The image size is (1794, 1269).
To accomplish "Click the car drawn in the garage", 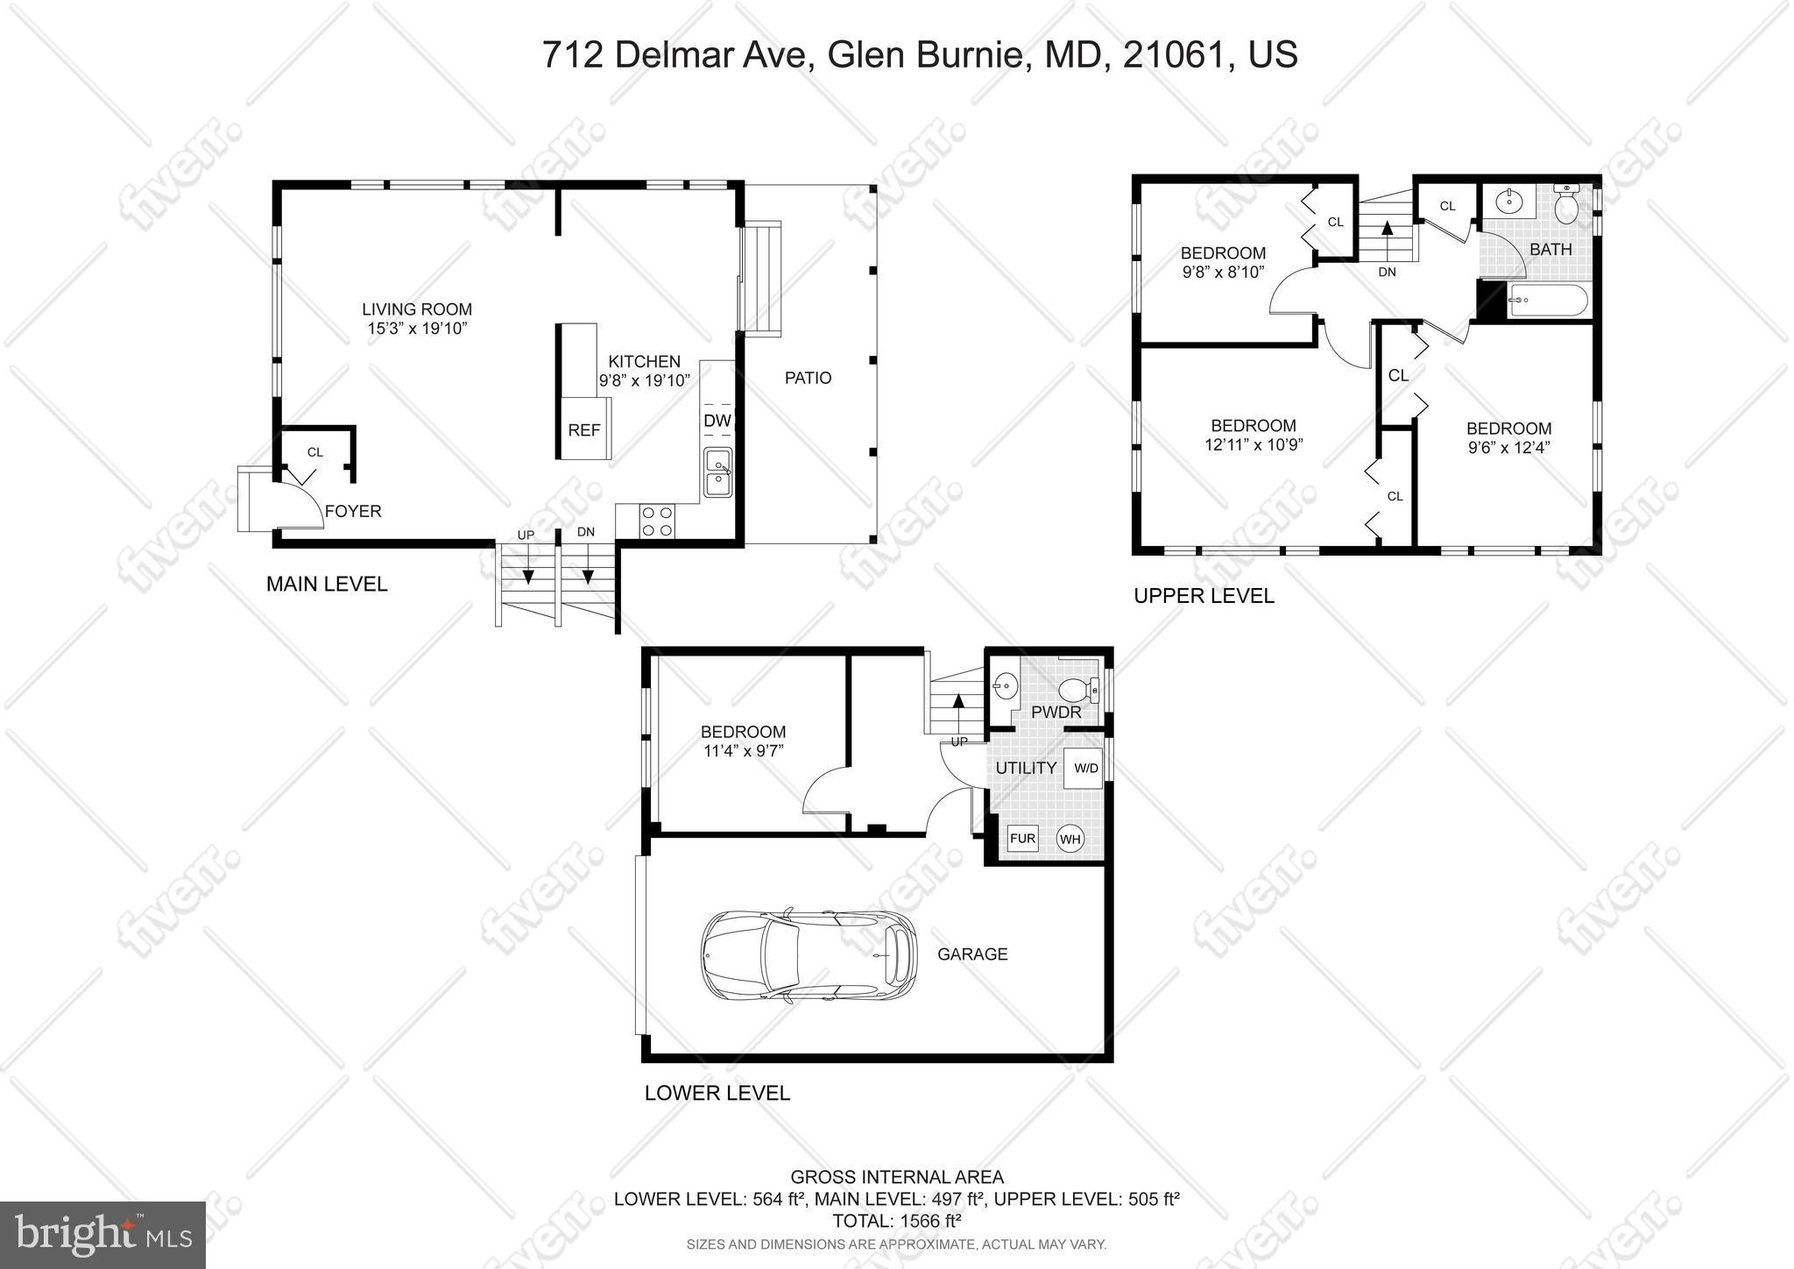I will pyautogui.click(x=809, y=955).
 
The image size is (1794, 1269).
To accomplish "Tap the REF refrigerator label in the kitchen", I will pyautogui.click(x=584, y=430).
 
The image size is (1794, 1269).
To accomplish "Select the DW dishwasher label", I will pyautogui.click(x=717, y=421).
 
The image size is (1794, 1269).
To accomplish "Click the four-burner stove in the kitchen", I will pyautogui.click(x=657, y=521).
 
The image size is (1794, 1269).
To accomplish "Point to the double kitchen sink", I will pyautogui.click(x=718, y=472).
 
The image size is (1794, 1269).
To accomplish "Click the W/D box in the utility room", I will pyautogui.click(x=1086, y=769).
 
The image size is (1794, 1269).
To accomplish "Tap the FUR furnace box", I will pyautogui.click(x=1022, y=839).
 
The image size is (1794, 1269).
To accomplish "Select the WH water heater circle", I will pyautogui.click(x=1070, y=840).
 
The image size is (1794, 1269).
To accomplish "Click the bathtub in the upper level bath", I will pyautogui.click(x=1548, y=300).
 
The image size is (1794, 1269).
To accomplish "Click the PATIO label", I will pyautogui.click(x=808, y=378).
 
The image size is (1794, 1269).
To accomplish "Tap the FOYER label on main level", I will pyautogui.click(x=353, y=512).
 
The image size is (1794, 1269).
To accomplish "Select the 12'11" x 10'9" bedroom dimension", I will pyautogui.click(x=1254, y=445).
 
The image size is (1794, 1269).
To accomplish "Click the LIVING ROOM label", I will pyautogui.click(x=417, y=309).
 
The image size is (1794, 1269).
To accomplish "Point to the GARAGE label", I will pyautogui.click(x=972, y=954).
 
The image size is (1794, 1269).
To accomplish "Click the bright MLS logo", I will pyautogui.click(x=102, y=1235).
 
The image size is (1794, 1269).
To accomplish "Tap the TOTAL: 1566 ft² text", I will pyautogui.click(x=897, y=1221).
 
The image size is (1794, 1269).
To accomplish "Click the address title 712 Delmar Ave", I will pyautogui.click(x=919, y=54).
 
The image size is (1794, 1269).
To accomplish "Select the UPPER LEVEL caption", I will pyautogui.click(x=1204, y=596).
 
